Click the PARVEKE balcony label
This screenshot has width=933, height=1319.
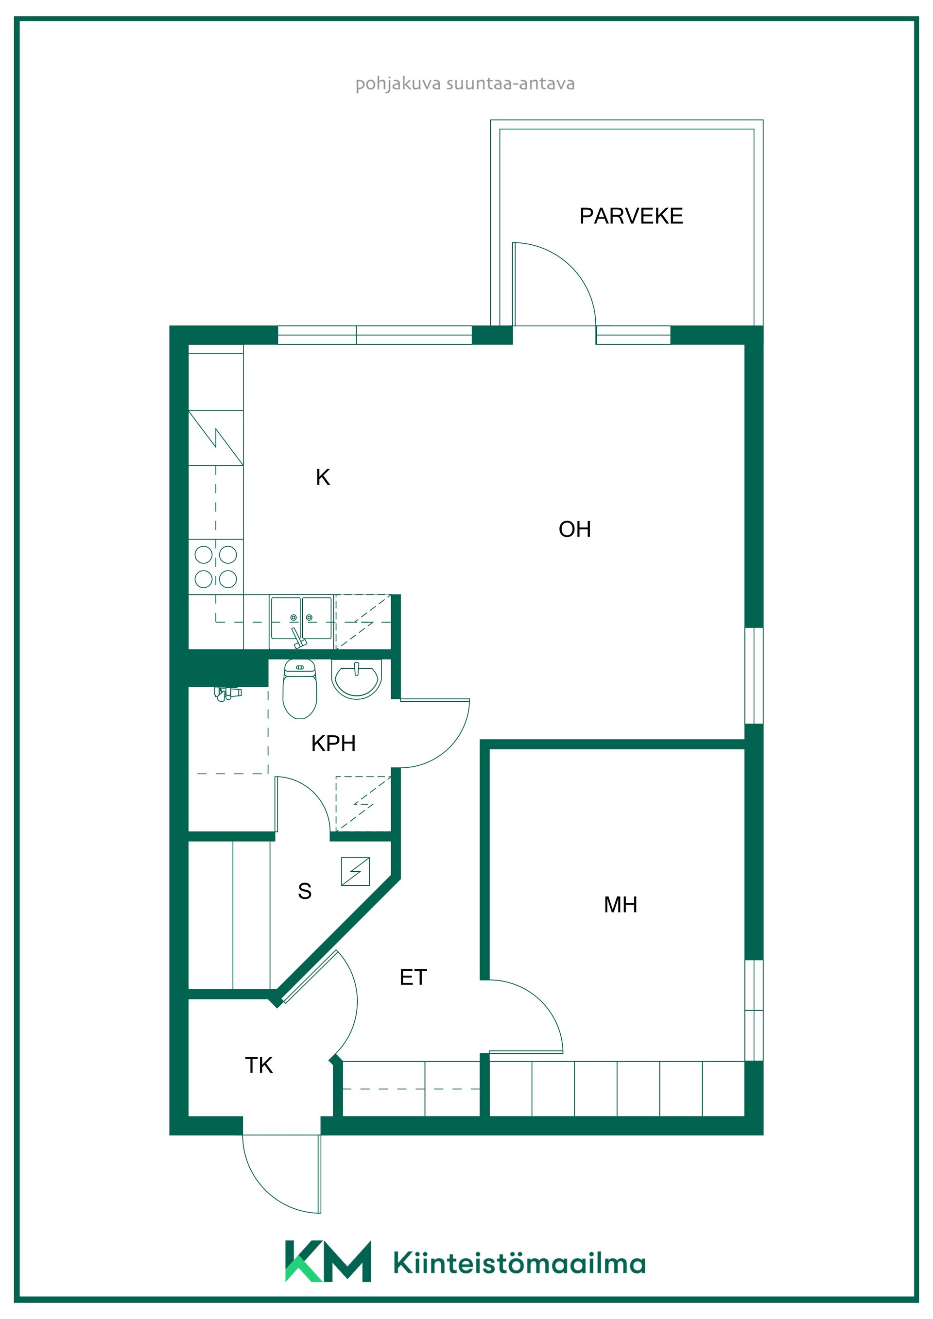coord(631,216)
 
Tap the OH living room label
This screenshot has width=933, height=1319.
coord(574,529)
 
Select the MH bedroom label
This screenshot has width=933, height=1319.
coord(620,905)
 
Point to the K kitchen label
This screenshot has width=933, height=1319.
coord(323,477)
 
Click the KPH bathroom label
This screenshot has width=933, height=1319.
coord(333,744)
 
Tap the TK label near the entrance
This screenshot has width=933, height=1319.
coord(259,1065)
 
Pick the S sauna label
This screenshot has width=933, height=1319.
coord(305,891)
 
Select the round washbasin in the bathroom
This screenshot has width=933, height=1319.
coord(356,679)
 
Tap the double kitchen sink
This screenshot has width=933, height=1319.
coord(301,622)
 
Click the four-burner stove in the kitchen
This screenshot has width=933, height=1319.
coord(216,566)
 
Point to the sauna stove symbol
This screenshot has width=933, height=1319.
coord(355,871)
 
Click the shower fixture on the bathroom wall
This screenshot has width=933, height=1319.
coord(227,693)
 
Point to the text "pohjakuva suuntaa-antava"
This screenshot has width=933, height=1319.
coord(465,84)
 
